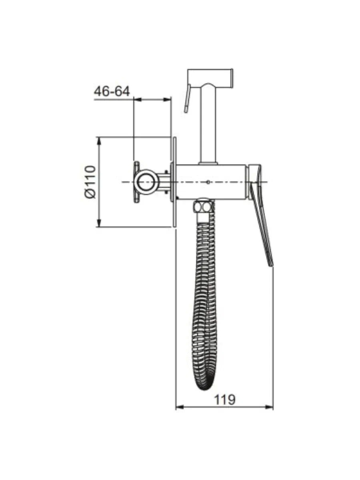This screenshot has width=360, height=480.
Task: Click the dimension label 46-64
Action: click(112, 91)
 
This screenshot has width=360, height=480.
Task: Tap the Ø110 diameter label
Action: click(90, 182)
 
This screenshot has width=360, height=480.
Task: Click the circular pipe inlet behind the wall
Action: click(146, 182)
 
